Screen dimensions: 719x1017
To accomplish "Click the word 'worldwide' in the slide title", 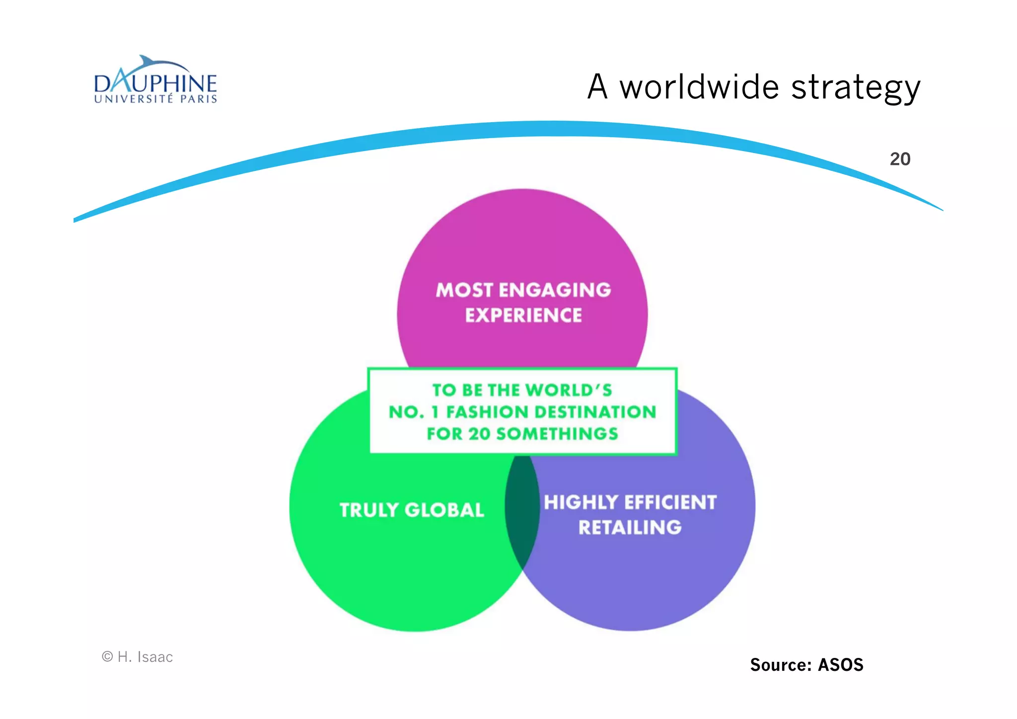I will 700,87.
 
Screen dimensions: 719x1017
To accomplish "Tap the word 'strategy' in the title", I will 856,88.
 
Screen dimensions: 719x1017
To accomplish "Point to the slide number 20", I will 900,159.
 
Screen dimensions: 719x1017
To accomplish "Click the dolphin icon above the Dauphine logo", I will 149,64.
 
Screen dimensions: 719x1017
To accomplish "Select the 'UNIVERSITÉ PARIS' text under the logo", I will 155,99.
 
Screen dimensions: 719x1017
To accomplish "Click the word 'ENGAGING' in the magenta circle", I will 555,290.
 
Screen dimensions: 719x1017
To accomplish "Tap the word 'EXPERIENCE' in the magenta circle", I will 523,316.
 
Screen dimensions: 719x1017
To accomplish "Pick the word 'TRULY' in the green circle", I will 369,510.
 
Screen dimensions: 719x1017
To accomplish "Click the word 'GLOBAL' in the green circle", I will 444,510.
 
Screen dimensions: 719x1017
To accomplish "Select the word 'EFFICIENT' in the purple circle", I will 670,502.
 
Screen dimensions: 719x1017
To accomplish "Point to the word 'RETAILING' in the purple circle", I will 630,528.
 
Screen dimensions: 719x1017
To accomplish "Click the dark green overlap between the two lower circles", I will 522,512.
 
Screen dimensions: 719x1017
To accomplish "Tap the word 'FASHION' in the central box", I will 487,412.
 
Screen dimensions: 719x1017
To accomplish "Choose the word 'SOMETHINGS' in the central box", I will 557,434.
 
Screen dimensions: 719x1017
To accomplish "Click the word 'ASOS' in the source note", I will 840,665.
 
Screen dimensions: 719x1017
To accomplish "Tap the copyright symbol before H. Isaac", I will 107,657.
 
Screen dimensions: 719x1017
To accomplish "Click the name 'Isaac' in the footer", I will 155,657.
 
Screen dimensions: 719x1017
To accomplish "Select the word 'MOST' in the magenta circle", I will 464,290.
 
